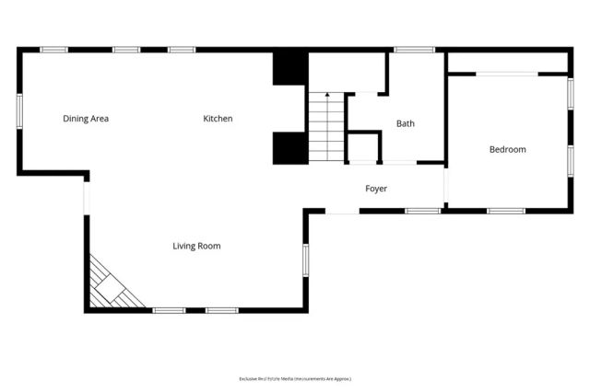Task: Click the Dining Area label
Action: pyautogui.click(x=86, y=119)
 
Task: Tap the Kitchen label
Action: pyautogui.click(x=218, y=119)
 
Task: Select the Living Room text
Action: pyautogui.click(x=196, y=246)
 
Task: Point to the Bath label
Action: pyautogui.click(x=406, y=123)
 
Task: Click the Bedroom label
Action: pyautogui.click(x=507, y=149)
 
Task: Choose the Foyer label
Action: pyautogui.click(x=376, y=189)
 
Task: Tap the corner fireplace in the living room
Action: pyautogui.click(x=112, y=286)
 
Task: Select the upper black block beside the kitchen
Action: pyautogui.click(x=289, y=68)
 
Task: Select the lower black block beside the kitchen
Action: pyautogui.click(x=289, y=148)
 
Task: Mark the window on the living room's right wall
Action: pyautogui.click(x=306, y=259)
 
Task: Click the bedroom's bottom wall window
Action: pyautogui.click(x=505, y=211)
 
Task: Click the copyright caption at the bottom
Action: pyautogui.click(x=295, y=378)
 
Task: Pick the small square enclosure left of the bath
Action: pyautogui.click(x=363, y=148)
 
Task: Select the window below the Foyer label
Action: pyautogui.click(x=422, y=211)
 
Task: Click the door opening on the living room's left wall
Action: pyautogui.click(x=86, y=197)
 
